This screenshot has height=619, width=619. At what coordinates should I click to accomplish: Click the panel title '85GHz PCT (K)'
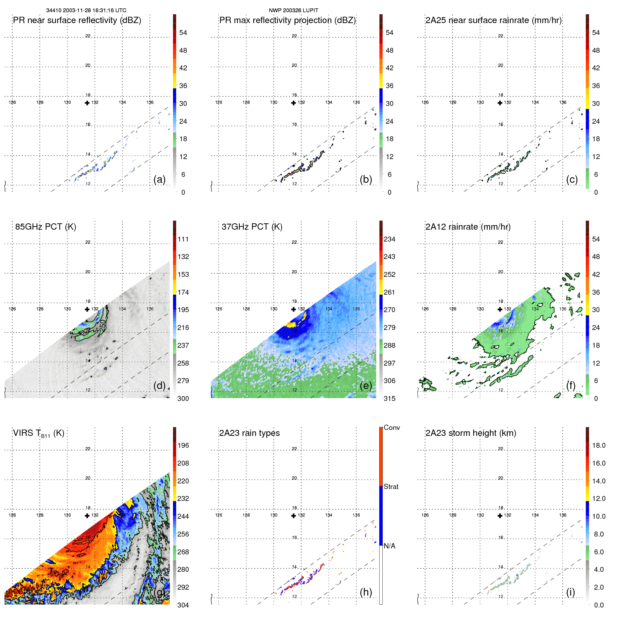(x=45, y=227)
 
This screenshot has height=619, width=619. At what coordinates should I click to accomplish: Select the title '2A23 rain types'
(x=249, y=433)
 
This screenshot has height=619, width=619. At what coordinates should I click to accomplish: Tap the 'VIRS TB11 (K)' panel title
(x=38, y=433)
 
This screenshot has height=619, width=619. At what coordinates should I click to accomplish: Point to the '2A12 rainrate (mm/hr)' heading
(x=468, y=227)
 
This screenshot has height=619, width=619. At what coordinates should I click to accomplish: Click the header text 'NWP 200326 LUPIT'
(x=293, y=10)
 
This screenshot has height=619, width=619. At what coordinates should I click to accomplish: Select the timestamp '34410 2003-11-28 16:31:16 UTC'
(x=86, y=10)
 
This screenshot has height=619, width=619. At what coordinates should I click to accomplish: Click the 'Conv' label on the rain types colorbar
(x=391, y=428)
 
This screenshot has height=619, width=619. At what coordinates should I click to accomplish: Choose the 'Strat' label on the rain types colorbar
(x=391, y=487)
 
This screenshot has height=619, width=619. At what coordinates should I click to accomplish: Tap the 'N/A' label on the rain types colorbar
(x=389, y=546)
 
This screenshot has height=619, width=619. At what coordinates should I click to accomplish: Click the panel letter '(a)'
(x=159, y=179)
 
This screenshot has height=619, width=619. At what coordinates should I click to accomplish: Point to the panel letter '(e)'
(x=366, y=386)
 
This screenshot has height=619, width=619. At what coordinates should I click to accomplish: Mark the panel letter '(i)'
(x=570, y=592)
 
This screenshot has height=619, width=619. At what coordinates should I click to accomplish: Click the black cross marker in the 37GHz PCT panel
(x=294, y=309)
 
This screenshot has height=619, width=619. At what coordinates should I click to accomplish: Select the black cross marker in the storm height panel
(x=500, y=516)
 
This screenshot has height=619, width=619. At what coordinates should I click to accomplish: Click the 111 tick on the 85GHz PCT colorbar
(x=183, y=239)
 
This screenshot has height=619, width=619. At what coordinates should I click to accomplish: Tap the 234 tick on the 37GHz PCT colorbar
(x=389, y=239)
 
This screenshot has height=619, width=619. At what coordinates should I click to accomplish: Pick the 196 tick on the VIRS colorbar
(x=183, y=446)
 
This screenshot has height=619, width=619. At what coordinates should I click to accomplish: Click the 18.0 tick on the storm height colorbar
(x=599, y=446)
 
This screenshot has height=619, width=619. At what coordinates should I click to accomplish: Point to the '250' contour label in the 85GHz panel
(x=102, y=326)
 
